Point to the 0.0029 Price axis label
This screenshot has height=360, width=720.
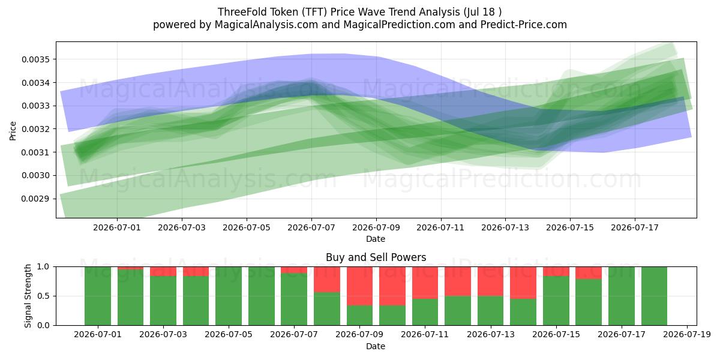35,199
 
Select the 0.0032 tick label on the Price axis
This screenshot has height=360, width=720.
35,129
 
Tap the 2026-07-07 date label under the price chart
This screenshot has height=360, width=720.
311,227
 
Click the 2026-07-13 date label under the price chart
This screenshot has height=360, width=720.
505,227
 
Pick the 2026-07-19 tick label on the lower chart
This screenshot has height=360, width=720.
687,334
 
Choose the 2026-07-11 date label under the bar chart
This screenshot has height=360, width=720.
425,334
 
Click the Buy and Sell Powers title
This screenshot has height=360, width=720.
376,257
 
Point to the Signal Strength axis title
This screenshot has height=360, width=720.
28,296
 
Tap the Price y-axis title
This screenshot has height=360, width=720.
13,131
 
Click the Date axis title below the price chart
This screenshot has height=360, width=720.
376,239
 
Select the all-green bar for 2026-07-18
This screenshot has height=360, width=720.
654,296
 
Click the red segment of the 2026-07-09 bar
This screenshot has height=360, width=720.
359,286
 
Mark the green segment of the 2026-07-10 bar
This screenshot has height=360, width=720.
392,316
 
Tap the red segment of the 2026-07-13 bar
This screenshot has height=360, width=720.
490,281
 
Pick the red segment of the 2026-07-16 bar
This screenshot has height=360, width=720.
588,273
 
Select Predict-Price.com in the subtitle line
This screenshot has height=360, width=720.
524,25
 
